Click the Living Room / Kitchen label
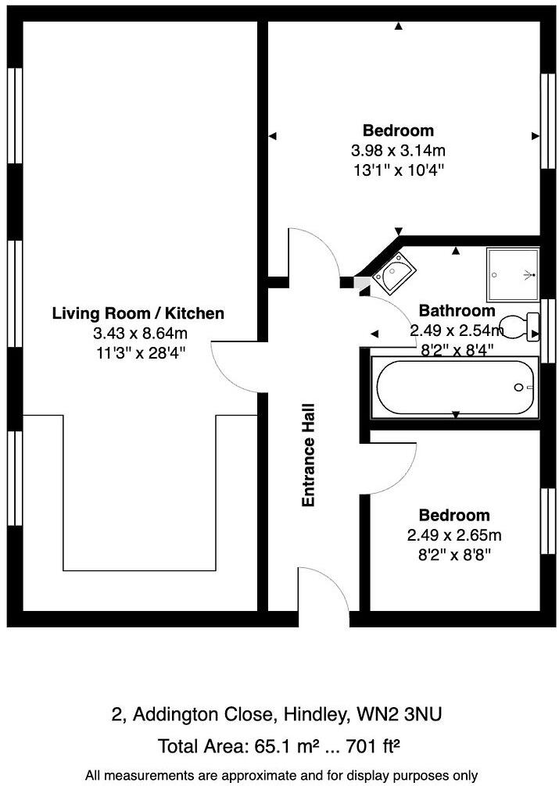(x=138, y=313)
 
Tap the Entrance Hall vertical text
(x=308, y=456)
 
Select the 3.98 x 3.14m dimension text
(x=399, y=150)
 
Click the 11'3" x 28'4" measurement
(x=141, y=353)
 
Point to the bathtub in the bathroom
(x=454, y=387)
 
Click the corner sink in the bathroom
(x=396, y=273)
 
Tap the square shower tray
(x=512, y=274)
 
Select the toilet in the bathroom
(x=521, y=327)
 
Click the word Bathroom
(x=457, y=311)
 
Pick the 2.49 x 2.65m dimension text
(x=454, y=535)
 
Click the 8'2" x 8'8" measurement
(x=454, y=556)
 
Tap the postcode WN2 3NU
(x=399, y=714)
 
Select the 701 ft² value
(x=372, y=746)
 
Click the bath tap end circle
(x=518, y=388)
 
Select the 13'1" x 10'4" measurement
(x=399, y=170)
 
